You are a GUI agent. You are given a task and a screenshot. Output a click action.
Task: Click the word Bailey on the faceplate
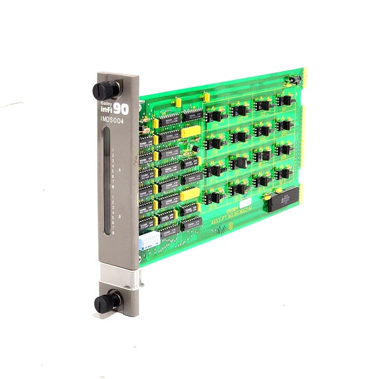[x=107, y=102]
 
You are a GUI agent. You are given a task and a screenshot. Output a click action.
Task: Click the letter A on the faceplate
[x=120, y=169]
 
